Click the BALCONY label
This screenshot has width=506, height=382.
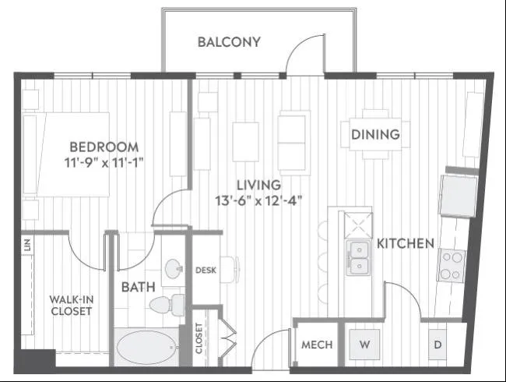[x=229, y=42]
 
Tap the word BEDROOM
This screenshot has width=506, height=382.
[x=104, y=147]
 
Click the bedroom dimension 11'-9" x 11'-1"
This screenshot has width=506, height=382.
[x=104, y=163]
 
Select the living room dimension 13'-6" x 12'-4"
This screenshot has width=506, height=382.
[x=258, y=200]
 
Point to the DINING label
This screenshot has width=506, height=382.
[x=375, y=134]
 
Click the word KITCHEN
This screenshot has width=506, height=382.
[x=406, y=243]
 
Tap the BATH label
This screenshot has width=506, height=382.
[x=138, y=287]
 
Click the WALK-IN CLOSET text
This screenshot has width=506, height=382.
[x=72, y=305]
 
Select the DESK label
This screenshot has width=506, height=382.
[x=206, y=271]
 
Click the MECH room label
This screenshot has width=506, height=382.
[x=317, y=345]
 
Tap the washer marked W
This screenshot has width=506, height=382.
[x=364, y=344]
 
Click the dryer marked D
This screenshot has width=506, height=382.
[x=437, y=345]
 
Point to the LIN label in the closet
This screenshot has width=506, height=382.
[x=27, y=245]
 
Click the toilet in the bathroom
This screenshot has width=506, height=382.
[x=167, y=305]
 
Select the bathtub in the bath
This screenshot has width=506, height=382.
[x=147, y=348]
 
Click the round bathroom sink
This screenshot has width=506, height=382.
[x=174, y=268]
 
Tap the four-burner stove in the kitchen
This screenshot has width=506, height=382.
[x=452, y=266]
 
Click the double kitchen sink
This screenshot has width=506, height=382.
[x=358, y=257]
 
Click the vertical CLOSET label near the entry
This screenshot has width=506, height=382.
[x=199, y=338]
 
